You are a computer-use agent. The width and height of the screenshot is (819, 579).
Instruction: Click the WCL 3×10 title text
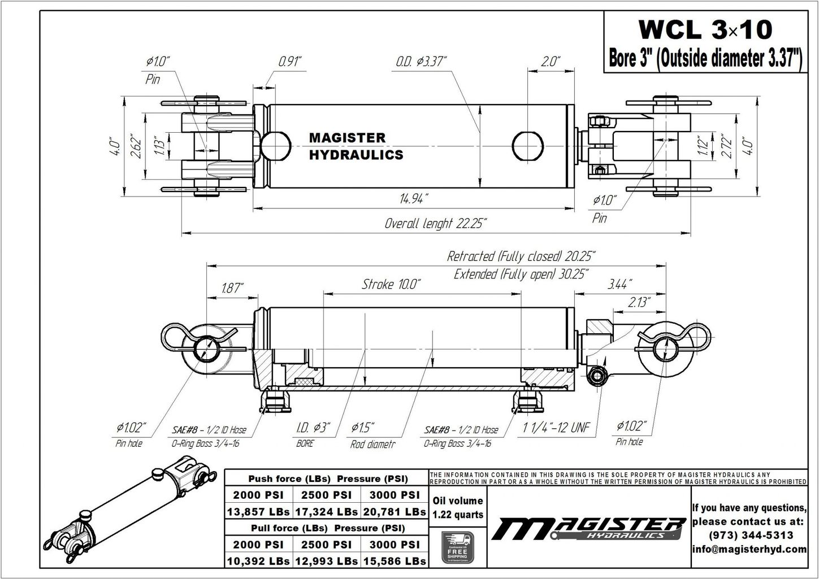[x=704, y=29]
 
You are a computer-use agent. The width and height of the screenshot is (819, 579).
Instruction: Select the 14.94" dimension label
[x=414, y=199]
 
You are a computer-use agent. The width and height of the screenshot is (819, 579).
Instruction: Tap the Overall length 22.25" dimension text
[x=435, y=223]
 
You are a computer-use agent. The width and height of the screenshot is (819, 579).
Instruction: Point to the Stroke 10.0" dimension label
[x=391, y=284]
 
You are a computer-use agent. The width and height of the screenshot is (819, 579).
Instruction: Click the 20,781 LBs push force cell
[x=394, y=512]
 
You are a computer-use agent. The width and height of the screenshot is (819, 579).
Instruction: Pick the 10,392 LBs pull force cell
[x=258, y=561]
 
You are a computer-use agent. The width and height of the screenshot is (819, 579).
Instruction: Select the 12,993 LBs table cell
[x=326, y=561]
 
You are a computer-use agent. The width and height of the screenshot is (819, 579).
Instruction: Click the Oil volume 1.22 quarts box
[x=457, y=507]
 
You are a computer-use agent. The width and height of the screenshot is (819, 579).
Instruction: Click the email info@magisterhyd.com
[x=749, y=549]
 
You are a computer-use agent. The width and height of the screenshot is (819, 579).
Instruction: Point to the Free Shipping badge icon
[x=457, y=547]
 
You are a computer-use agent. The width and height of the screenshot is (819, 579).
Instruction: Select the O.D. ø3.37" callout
[x=421, y=61]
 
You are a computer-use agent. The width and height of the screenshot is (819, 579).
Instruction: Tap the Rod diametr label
[x=372, y=444]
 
